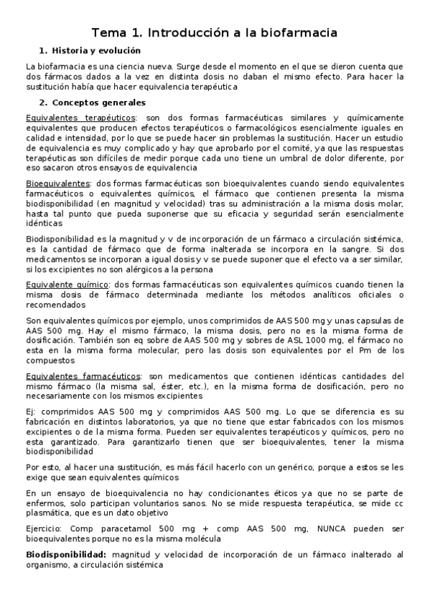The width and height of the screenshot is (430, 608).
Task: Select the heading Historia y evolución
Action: (95, 50)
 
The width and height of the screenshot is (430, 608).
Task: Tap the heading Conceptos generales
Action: (98, 103)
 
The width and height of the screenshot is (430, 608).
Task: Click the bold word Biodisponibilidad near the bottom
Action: (66, 554)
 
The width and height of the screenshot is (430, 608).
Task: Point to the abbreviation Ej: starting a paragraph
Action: (32, 412)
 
